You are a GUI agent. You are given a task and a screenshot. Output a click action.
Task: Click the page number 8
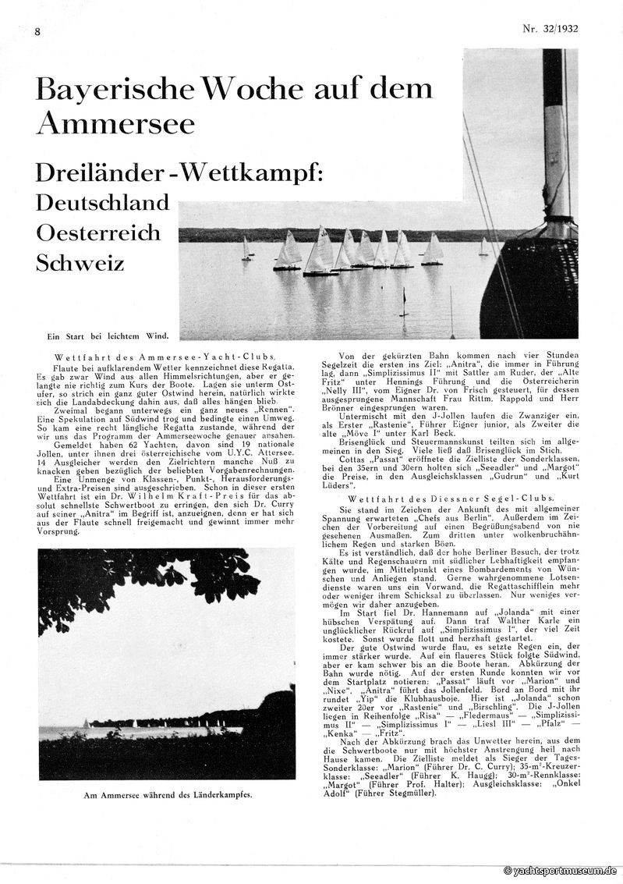coord(37,31)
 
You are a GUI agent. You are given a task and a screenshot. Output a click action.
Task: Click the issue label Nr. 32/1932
coord(556,30)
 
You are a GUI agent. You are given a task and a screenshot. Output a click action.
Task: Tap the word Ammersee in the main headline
coord(116,122)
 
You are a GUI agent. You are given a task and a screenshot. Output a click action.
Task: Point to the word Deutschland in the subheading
coord(102,203)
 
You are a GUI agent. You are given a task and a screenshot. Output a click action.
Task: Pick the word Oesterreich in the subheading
coord(97,233)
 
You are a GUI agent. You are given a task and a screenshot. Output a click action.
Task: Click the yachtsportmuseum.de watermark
coord(560,870)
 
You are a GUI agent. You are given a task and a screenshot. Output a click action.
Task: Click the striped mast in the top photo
coord(554,133)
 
